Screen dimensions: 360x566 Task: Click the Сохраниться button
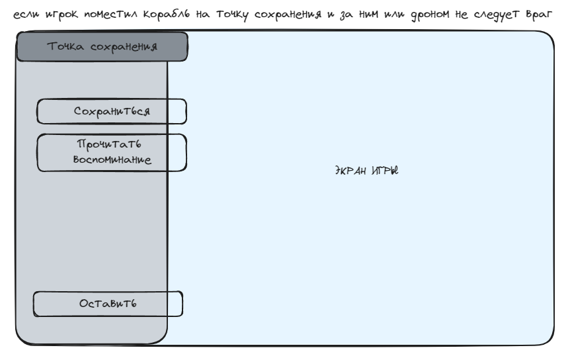point(111,111)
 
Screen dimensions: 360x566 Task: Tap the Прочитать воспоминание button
point(111,153)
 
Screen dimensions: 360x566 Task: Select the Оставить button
point(108,304)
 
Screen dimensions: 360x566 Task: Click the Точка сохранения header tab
point(102,46)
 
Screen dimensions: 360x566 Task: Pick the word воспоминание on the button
point(111,161)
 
